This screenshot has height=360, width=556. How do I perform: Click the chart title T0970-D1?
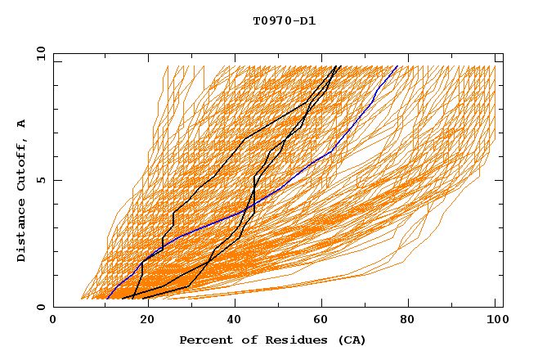[284, 21]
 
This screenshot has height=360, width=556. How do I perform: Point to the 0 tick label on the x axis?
[53, 320]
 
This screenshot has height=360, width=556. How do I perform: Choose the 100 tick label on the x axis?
[495, 320]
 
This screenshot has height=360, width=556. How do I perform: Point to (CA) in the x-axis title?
[351, 340]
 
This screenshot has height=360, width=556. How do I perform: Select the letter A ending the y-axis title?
[22, 123]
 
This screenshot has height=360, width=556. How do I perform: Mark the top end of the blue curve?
[397, 66]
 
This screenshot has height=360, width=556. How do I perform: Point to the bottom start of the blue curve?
[107, 299]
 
